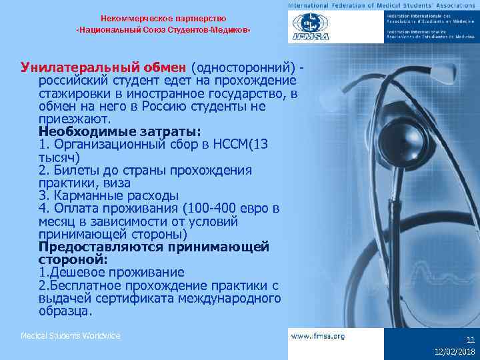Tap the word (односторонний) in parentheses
tap(243, 68)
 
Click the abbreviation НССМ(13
tap(249, 144)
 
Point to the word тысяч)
tap(59, 157)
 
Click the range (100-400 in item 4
tap(206, 209)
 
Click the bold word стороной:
tap(73, 260)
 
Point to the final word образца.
tap(65, 311)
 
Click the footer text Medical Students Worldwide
tap(71, 335)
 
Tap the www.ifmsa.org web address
tap(318, 336)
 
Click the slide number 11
tap(470, 339)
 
